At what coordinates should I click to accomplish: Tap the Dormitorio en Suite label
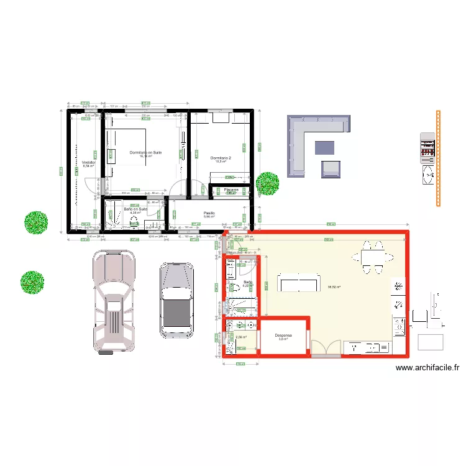[145, 152]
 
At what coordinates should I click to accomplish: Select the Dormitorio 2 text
[221, 158]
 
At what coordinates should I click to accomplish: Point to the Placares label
[232, 190]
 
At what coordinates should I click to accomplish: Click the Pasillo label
[209, 213]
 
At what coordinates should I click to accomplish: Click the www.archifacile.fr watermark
[427, 367]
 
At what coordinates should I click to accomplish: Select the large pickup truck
[114, 301]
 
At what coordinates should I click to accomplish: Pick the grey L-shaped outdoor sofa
[308, 140]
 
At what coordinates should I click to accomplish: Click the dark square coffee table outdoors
[324, 148]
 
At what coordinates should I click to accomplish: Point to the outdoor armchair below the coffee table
[331, 168]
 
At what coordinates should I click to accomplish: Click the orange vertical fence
[438, 158]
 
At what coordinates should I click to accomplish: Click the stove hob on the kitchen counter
[398, 324]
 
